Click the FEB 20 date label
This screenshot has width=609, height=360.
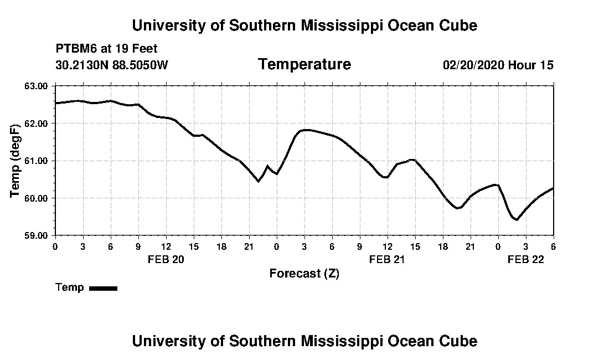click(166, 259)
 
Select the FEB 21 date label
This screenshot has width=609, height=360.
click(388, 259)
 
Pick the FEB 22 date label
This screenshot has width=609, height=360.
click(526, 259)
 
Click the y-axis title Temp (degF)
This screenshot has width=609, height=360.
click(16, 161)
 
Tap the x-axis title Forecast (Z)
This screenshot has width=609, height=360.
click(304, 273)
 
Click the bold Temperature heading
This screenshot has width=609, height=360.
click(304, 64)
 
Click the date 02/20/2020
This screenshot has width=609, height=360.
click(473, 65)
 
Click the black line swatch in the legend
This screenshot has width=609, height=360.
click(103, 288)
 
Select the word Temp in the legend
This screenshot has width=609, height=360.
click(70, 287)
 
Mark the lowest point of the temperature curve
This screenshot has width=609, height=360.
click(517, 220)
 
